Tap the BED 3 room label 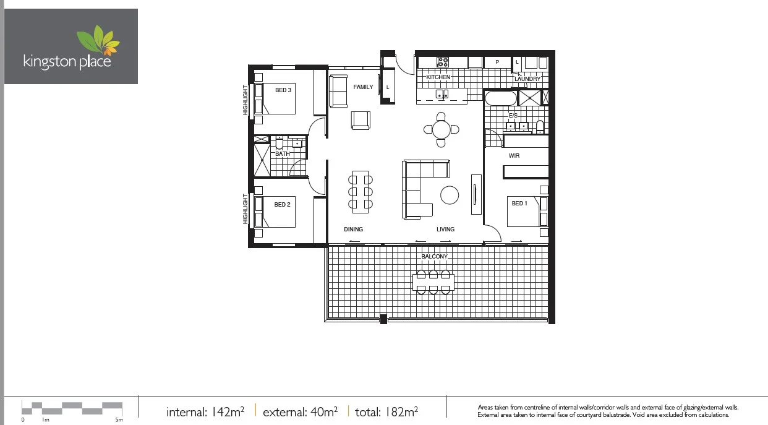click(283, 90)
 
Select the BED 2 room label click(282, 205)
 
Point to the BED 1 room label click(519, 204)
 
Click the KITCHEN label click(438, 77)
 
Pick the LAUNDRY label click(527, 79)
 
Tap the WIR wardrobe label click(514, 156)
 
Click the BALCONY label click(434, 256)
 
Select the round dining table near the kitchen click(441, 129)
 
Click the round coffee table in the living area click(450, 195)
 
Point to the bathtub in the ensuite click(500, 98)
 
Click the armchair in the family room click(361, 120)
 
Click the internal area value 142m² click(227, 411)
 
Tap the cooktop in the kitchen click(443, 62)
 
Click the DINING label click(353, 230)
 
